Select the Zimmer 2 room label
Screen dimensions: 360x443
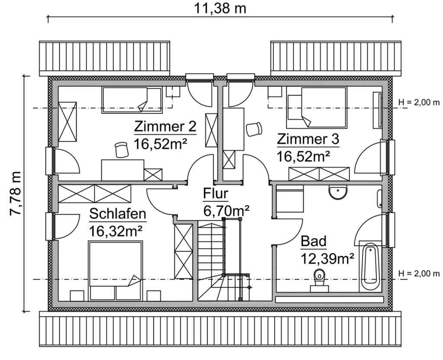pyautogui.click(x=165, y=127)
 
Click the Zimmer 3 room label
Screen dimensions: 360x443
pyautogui.click(x=308, y=139)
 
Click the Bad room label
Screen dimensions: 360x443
pyautogui.click(x=314, y=241)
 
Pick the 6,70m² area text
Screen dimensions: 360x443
pyautogui.click(x=226, y=211)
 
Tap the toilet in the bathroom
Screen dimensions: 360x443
pyautogui.click(x=320, y=279)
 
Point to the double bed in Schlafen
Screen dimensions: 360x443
pyautogui.click(x=116, y=270)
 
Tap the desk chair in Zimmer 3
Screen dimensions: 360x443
pyautogui.click(x=254, y=129)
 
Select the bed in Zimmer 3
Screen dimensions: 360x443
pyautogui.click(x=317, y=108)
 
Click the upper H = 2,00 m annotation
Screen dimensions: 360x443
pyautogui.click(x=419, y=102)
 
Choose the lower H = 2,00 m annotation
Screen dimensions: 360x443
pyautogui.click(x=419, y=273)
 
